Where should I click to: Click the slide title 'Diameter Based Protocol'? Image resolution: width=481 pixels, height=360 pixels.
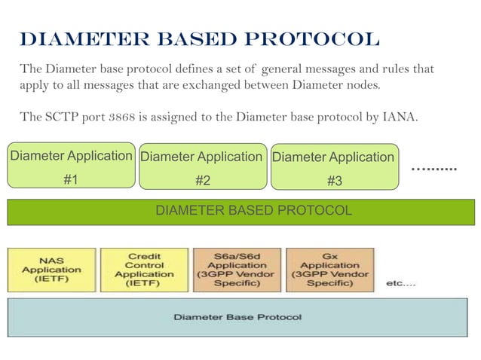coord(200,39)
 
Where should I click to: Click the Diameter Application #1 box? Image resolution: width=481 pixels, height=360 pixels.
coord(71,166)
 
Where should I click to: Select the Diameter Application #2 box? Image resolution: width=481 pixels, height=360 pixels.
coord(202,166)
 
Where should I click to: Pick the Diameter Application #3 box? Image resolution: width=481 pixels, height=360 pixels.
coord(334,166)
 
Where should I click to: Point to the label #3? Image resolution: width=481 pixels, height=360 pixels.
coord(334,181)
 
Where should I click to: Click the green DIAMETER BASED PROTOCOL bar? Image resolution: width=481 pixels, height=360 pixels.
coord(240,211)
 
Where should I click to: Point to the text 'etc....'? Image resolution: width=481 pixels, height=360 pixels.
coord(401,283)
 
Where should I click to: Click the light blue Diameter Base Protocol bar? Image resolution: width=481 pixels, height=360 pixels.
coord(240,317)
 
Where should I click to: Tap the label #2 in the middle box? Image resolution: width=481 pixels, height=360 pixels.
coord(202,181)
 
